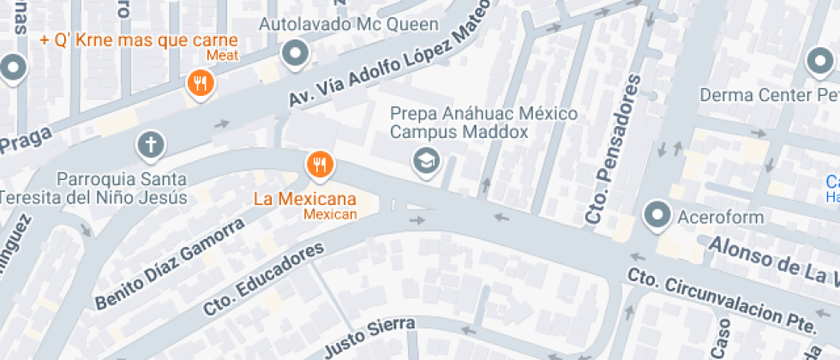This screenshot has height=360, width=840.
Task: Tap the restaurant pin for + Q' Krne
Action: [x=200, y=83]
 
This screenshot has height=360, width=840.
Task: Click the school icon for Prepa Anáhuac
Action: [x=423, y=159]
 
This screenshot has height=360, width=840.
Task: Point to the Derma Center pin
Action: [x=819, y=63]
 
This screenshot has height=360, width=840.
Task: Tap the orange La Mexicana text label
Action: [x=304, y=199]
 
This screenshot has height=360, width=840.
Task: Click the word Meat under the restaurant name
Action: [x=222, y=57]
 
